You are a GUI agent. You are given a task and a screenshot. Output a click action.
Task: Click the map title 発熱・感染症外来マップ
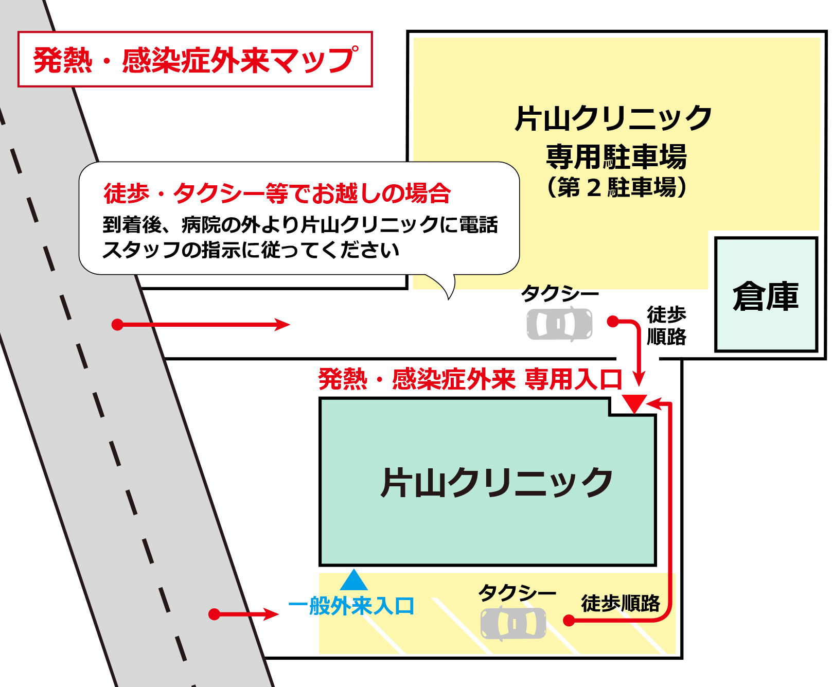coord(195,60)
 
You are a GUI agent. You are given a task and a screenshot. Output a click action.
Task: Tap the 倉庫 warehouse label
coord(766,296)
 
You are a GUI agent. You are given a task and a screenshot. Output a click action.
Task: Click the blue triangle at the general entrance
coord(353,579)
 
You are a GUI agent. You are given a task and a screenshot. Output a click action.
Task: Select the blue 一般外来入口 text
coord(351,606)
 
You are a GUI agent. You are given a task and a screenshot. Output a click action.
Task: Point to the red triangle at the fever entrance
coord(634,403)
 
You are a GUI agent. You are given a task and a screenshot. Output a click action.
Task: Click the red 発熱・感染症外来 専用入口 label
coord(470,379)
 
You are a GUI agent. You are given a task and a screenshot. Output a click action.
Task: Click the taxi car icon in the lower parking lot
coord(513,623)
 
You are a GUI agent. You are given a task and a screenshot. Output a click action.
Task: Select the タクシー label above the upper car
coord(560,293)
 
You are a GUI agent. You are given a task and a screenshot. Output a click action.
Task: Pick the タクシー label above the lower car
coord(517,592)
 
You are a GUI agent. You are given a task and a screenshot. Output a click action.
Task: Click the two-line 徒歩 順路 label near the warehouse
coord(666,325)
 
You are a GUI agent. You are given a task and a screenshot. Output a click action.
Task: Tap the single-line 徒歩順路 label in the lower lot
coord(621,603)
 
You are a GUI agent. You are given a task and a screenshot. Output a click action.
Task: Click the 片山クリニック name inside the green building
coord(497,482)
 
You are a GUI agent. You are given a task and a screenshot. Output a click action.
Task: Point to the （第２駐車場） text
coord(616,187)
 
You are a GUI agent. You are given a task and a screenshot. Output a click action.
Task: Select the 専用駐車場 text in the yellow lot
coord(616,156)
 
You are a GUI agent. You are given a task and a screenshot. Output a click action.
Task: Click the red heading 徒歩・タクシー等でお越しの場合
coord(277,193)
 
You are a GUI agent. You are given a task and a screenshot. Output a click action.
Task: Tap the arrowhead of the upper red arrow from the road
coord(282,324)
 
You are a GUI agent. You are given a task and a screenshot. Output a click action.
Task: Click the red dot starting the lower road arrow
coord(215,614)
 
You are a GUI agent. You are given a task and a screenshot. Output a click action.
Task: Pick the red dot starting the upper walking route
coord(612,321)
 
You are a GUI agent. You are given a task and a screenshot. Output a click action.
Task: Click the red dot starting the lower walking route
coord(569,621)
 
